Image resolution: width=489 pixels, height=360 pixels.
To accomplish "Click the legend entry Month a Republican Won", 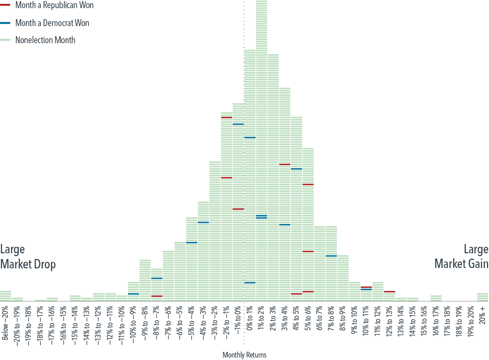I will (54, 5).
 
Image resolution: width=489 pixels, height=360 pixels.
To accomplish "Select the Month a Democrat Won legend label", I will (52, 23).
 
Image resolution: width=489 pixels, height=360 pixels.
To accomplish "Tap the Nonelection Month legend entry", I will (45, 40).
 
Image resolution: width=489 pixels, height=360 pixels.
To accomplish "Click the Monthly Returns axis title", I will (244, 355).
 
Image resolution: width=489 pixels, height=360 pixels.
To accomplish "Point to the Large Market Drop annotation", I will (28, 257).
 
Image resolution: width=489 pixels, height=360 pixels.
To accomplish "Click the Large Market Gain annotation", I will (461, 257).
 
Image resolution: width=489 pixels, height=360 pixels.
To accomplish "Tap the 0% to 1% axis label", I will (250, 320).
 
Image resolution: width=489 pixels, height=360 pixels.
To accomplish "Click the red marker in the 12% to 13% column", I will (390, 292).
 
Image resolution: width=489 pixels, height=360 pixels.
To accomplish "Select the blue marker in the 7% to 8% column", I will (331, 256).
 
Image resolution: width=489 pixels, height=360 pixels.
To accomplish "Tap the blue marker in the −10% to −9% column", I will (134, 294).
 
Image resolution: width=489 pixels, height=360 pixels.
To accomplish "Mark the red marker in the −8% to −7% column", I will (157, 296).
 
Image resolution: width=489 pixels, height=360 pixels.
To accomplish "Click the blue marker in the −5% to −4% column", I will (192, 242).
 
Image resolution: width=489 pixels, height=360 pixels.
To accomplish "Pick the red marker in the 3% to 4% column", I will (285, 164).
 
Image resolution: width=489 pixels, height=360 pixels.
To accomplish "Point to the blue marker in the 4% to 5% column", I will (296, 169).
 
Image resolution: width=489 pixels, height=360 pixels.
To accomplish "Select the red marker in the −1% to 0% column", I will (238, 209).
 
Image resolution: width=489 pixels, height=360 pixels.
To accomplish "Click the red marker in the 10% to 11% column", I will (366, 287).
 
